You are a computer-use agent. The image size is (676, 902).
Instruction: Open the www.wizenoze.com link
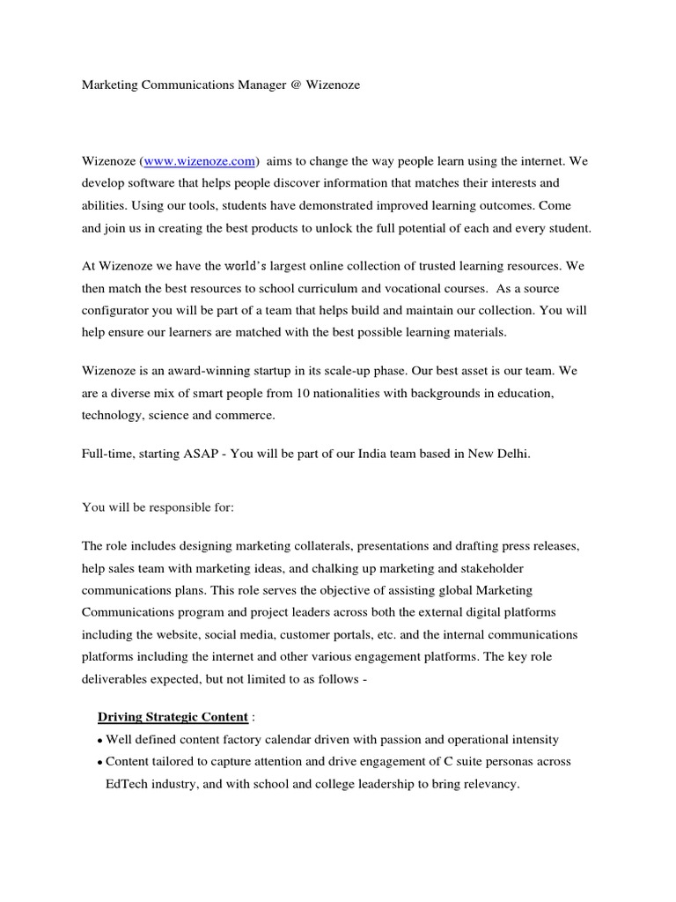click(x=201, y=161)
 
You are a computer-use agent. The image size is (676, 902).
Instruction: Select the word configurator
click(x=117, y=311)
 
